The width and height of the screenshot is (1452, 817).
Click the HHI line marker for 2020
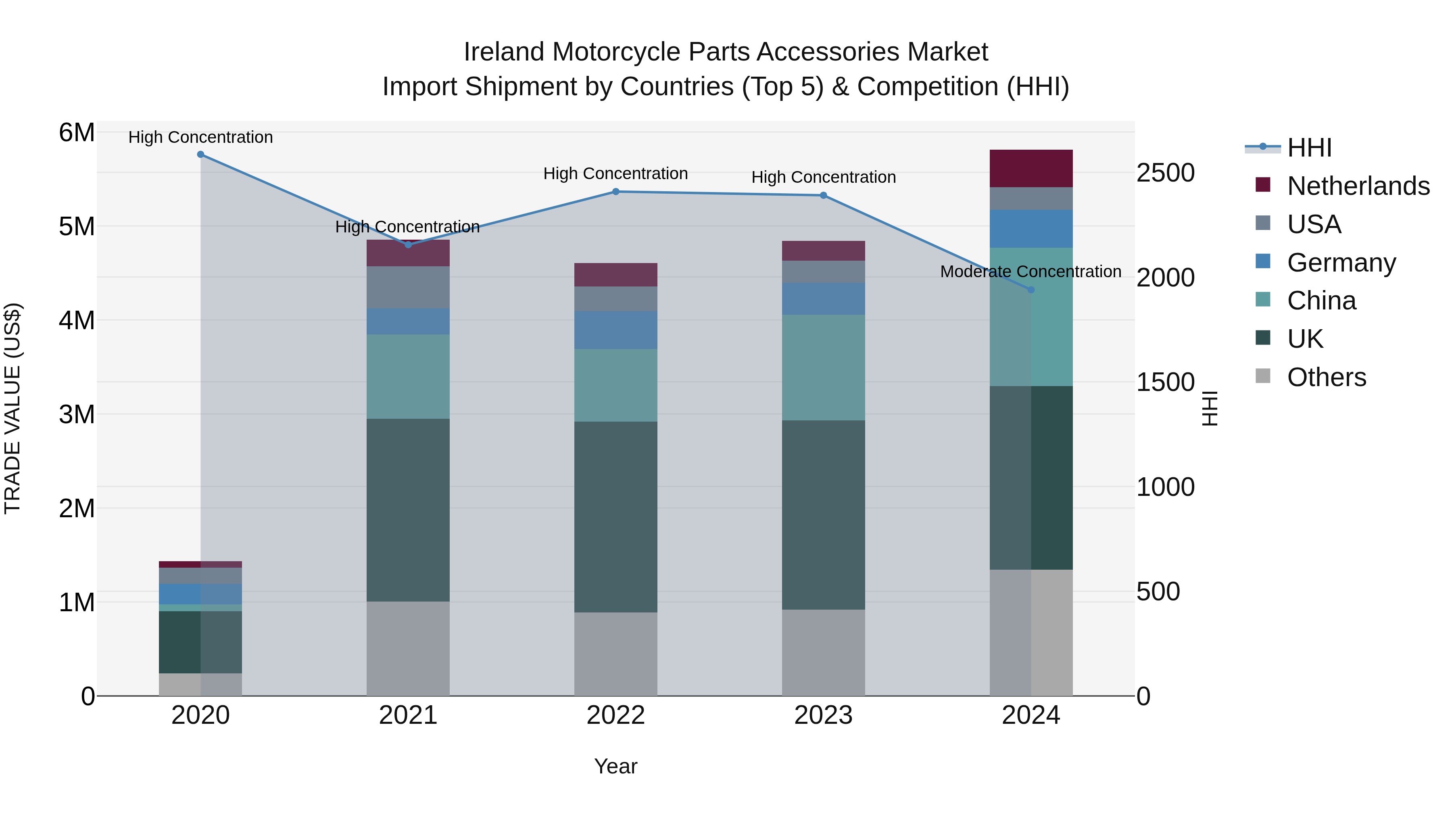(201, 155)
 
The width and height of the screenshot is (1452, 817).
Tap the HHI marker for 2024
(1031, 290)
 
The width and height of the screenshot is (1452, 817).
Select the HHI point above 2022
(615, 192)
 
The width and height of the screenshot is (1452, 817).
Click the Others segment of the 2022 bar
(615, 654)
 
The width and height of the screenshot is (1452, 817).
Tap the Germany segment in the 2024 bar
(1031, 229)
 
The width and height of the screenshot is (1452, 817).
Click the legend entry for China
(1321, 301)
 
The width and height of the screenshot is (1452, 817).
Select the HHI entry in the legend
(1309, 148)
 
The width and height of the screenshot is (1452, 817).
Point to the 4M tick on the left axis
(77, 320)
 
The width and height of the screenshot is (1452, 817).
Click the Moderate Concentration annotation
(1031, 272)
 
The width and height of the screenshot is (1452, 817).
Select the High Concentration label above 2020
(201, 138)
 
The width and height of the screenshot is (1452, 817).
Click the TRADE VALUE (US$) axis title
(13, 408)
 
